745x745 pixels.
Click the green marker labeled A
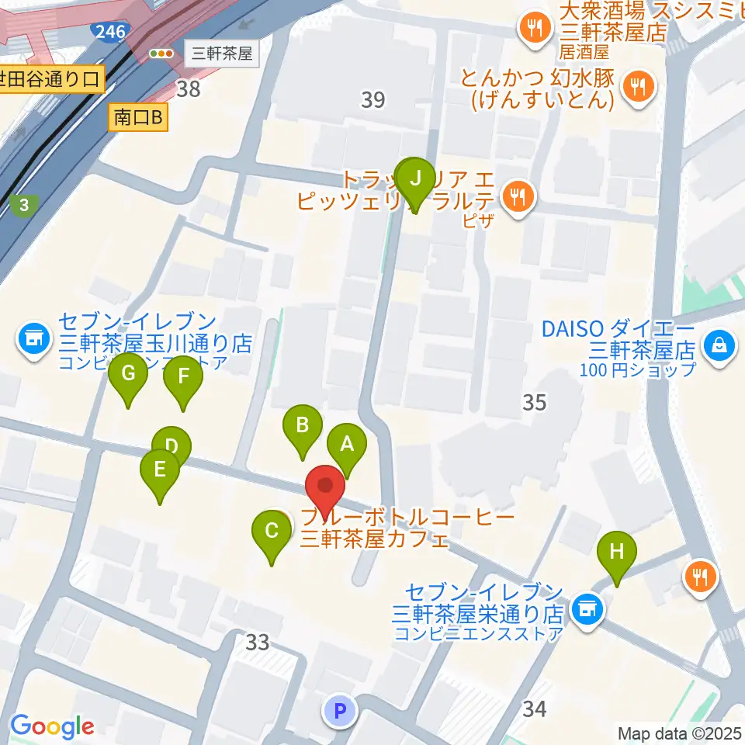[347, 445]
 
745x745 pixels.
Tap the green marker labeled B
[303, 425]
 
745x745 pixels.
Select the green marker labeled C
[272, 532]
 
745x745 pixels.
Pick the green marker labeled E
[160, 470]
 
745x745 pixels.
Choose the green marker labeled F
[183, 377]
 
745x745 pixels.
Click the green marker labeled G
[128, 374]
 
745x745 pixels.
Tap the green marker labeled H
[616, 552]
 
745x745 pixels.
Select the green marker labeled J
[415, 178]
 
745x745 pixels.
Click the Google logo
[52, 726]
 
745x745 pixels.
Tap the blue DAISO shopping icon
[719, 343]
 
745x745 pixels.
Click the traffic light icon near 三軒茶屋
[161, 54]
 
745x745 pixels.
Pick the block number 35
[534, 402]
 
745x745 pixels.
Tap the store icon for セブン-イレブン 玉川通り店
[33, 338]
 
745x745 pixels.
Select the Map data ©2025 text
[679, 733]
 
